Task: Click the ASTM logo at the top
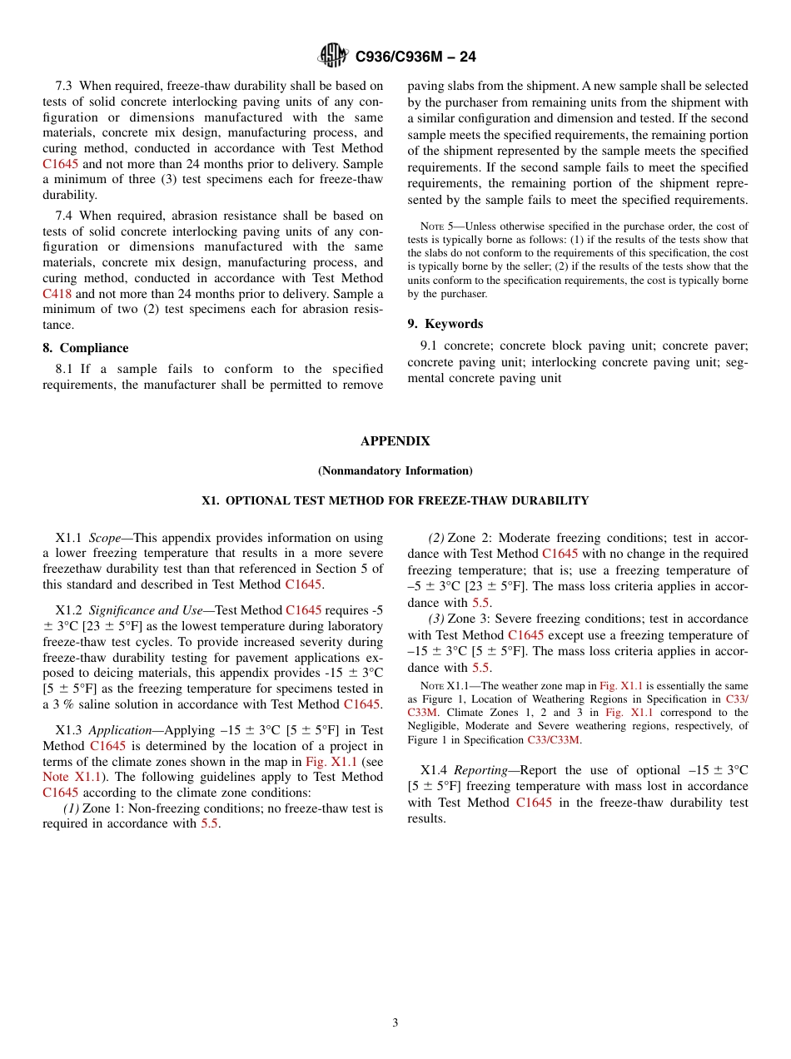pos(333,57)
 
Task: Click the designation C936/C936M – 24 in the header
pos(415,57)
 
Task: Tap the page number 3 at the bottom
pos(395,1023)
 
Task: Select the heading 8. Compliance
pos(86,348)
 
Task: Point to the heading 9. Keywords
pos(445,324)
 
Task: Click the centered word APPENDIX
pos(395,441)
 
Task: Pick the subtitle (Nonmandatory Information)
pos(395,471)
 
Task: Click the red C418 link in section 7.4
pos(59,294)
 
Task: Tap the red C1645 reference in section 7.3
pos(60,164)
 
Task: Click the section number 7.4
pos(64,216)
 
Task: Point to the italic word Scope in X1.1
pos(105,538)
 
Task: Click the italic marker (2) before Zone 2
pos(436,538)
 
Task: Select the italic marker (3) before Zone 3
pos(436,619)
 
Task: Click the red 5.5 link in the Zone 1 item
pos(209,824)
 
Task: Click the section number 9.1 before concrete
pos(430,346)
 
